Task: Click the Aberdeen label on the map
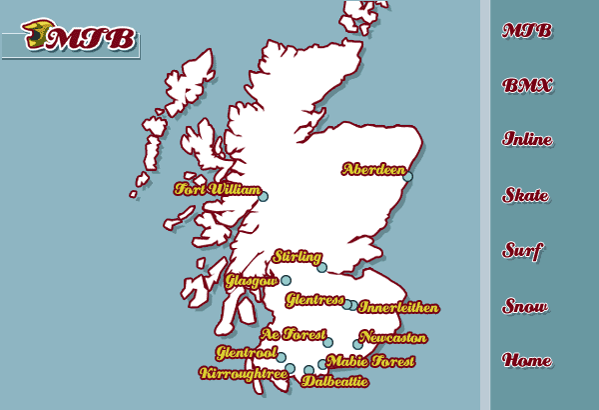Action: pyautogui.click(x=373, y=169)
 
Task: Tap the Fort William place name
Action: pyautogui.click(x=217, y=189)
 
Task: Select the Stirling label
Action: pyautogui.click(x=297, y=257)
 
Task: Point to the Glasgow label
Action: pyautogui.click(x=251, y=281)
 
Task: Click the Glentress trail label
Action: pyautogui.click(x=313, y=300)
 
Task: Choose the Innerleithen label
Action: pyautogui.click(x=397, y=307)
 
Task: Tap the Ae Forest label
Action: pyautogui.click(x=293, y=334)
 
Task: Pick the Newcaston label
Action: pyautogui.click(x=392, y=338)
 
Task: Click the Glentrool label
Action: pyautogui.click(x=246, y=352)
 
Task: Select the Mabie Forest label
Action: pyautogui.click(x=370, y=361)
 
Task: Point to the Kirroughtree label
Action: pyautogui.click(x=244, y=373)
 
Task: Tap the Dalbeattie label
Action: pyautogui.click(x=334, y=381)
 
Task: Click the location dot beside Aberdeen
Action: pyautogui.click(x=407, y=178)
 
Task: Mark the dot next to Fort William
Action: pyautogui.click(x=264, y=197)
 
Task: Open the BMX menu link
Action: pyautogui.click(x=527, y=86)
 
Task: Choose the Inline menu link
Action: pyautogui.click(x=527, y=140)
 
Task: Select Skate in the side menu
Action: pyautogui.click(x=526, y=195)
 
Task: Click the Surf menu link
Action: pyautogui.click(x=523, y=250)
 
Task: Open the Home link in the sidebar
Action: pyautogui.click(x=527, y=360)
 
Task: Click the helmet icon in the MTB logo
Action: pyautogui.click(x=34, y=34)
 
